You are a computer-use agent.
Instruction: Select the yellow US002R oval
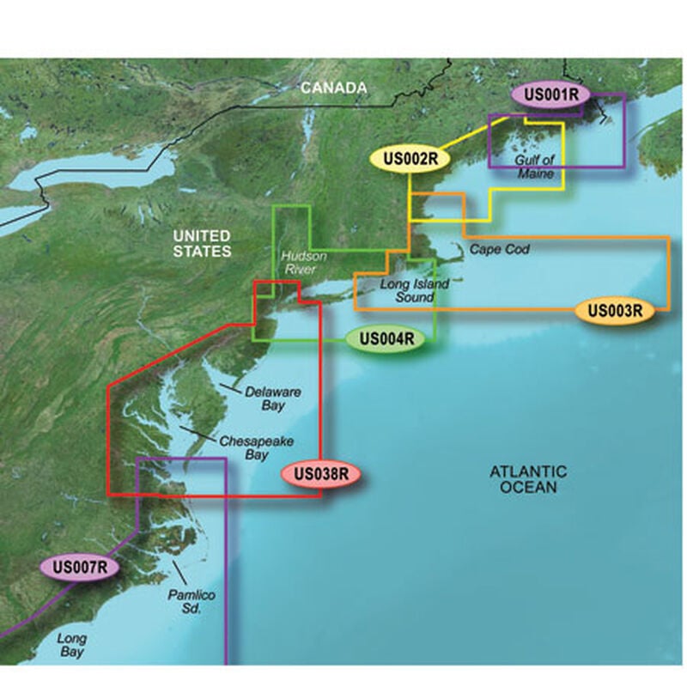[411, 158]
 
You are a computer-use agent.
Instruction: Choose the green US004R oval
[386, 338]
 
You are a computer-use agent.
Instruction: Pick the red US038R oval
[319, 472]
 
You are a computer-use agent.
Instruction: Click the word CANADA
[333, 88]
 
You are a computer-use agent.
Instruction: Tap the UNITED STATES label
[201, 243]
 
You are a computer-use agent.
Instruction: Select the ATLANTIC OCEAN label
[528, 479]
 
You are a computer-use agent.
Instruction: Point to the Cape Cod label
[500, 249]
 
